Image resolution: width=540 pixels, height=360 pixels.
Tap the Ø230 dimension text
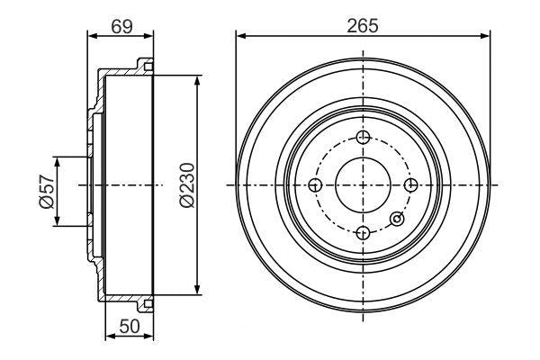click(185, 184)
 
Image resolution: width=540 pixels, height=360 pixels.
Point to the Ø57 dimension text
click(46, 191)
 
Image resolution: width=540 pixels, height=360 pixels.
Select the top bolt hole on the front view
click(363, 137)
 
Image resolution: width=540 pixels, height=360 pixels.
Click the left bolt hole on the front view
click(315, 185)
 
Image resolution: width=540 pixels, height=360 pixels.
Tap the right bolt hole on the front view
click(410, 185)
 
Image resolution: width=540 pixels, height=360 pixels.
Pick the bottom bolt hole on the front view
click(363, 234)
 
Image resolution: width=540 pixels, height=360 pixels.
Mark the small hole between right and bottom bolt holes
click(397, 217)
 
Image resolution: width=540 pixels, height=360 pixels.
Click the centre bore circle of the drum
click(363, 185)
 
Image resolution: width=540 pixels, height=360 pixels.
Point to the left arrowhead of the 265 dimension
click(240, 36)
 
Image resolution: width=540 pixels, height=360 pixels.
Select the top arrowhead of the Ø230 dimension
click(197, 80)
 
